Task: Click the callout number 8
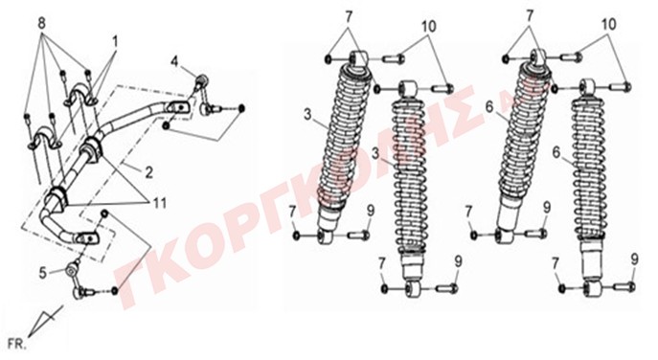pyautogui.click(x=41, y=24)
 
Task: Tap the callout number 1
pyautogui.click(x=115, y=41)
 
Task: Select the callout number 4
pyautogui.click(x=174, y=61)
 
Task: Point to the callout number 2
pyautogui.click(x=149, y=172)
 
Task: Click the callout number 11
pyautogui.click(x=159, y=203)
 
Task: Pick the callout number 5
pyautogui.click(x=43, y=273)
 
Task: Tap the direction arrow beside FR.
pyautogui.click(x=45, y=322)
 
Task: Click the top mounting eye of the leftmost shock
pyautogui.click(x=359, y=57)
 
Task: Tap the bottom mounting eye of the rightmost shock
pyautogui.click(x=594, y=289)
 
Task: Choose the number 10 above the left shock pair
pyautogui.click(x=428, y=26)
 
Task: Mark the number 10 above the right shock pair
pyautogui.click(x=608, y=24)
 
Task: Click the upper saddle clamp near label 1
pyautogui.click(x=81, y=95)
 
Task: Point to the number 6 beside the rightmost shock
pyautogui.click(x=556, y=153)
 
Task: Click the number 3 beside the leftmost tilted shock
pyautogui.click(x=308, y=114)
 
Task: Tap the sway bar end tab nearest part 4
pyautogui.click(x=178, y=107)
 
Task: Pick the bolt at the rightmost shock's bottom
pyautogui.click(x=624, y=287)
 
